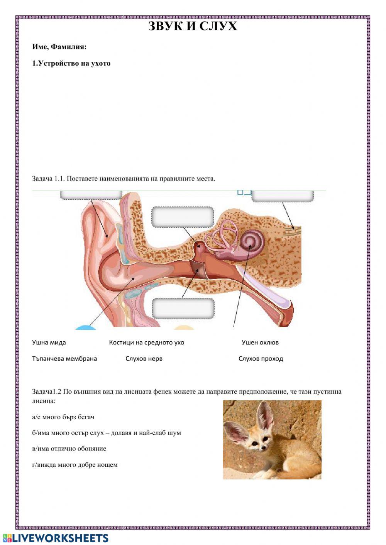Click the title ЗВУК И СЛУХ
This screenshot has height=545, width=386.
(x=193, y=26)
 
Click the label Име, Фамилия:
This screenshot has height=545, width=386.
(x=59, y=47)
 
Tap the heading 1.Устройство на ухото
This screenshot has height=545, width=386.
(x=71, y=63)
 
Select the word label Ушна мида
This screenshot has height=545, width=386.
(x=49, y=343)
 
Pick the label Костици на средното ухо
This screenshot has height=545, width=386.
(x=147, y=343)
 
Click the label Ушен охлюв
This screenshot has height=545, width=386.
(x=260, y=343)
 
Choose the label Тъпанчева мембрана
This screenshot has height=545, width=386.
(x=64, y=359)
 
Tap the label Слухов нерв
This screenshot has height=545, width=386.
(x=144, y=359)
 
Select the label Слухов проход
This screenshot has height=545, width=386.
(x=261, y=359)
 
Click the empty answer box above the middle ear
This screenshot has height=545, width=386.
(x=183, y=217)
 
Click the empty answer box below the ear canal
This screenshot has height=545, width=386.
(x=183, y=308)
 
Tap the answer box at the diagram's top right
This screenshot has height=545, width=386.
(x=283, y=196)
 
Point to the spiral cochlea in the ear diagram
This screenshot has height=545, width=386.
(x=251, y=242)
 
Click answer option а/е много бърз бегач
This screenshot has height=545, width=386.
(x=63, y=417)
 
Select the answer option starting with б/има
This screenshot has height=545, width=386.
(x=107, y=433)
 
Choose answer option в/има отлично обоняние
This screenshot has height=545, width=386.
(x=69, y=449)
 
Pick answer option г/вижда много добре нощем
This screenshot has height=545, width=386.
(x=75, y=465)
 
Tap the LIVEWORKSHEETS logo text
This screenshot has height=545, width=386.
(x=60, y=538)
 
